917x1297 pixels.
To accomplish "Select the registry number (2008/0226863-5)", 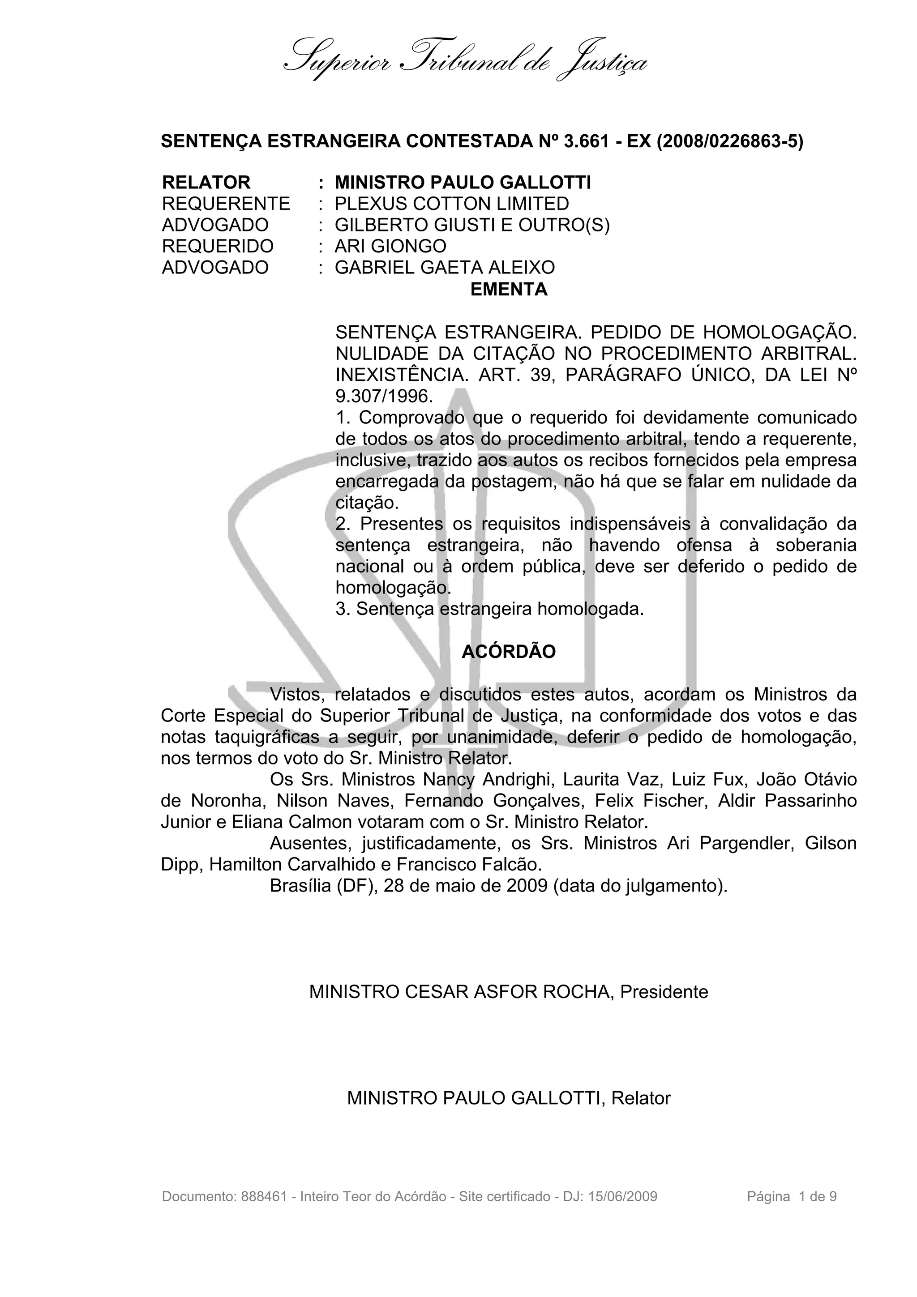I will click(729, 141).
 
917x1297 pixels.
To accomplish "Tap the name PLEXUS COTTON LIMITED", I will click(451, 203).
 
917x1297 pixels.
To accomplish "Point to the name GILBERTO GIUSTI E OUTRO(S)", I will click(472, 225).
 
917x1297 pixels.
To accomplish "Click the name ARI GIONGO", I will click(390, 246).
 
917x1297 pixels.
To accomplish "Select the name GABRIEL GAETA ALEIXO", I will click(444, 267).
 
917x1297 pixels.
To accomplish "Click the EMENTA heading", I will click(509, 289).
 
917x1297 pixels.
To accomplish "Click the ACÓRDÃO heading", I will click(509, 651).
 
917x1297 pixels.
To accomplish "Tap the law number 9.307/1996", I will click(384, 397).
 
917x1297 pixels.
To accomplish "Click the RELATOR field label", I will click(206, 183).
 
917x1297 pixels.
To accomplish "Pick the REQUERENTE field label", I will click(225, 203).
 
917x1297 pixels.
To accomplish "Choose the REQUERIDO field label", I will click(218, 246).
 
